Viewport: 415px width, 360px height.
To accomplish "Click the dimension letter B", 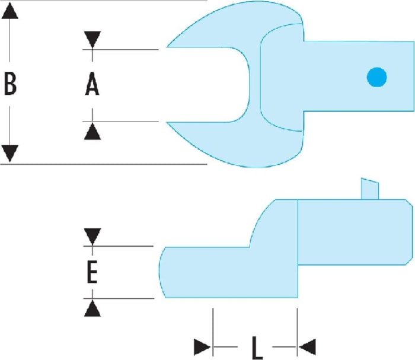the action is (x=10, y=84).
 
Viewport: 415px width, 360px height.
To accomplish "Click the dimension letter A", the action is (x=92, y=84).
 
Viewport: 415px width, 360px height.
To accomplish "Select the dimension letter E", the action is (x=92, y=272).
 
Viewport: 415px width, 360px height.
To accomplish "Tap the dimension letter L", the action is (x=257, y=348).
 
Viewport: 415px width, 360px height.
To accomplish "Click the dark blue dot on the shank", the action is (x=376, y=77).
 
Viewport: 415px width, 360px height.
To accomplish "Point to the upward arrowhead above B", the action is (x=10, y=11).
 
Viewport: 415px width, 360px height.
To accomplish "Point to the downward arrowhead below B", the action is (x=10, y=154).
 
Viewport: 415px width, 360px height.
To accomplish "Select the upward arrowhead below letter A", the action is (x=92, y=131).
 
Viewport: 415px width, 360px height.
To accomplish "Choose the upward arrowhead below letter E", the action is (x=92, y=308).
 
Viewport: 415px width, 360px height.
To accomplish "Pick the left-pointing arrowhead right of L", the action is (x=307, y=347).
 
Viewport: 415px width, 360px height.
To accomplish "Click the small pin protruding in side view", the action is (x=370, y=189).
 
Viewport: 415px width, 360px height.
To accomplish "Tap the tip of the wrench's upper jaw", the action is (x=167, y=47).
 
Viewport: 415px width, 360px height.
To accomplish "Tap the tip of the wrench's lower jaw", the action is (x=167, y=122).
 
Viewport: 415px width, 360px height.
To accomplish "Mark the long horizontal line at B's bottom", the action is (x=104, y=164).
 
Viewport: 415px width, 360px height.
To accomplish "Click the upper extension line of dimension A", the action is (x=121, y=49).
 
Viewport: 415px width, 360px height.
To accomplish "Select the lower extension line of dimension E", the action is (x=119, y=298).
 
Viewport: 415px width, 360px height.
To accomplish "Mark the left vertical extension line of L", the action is (x=213, y=332).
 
